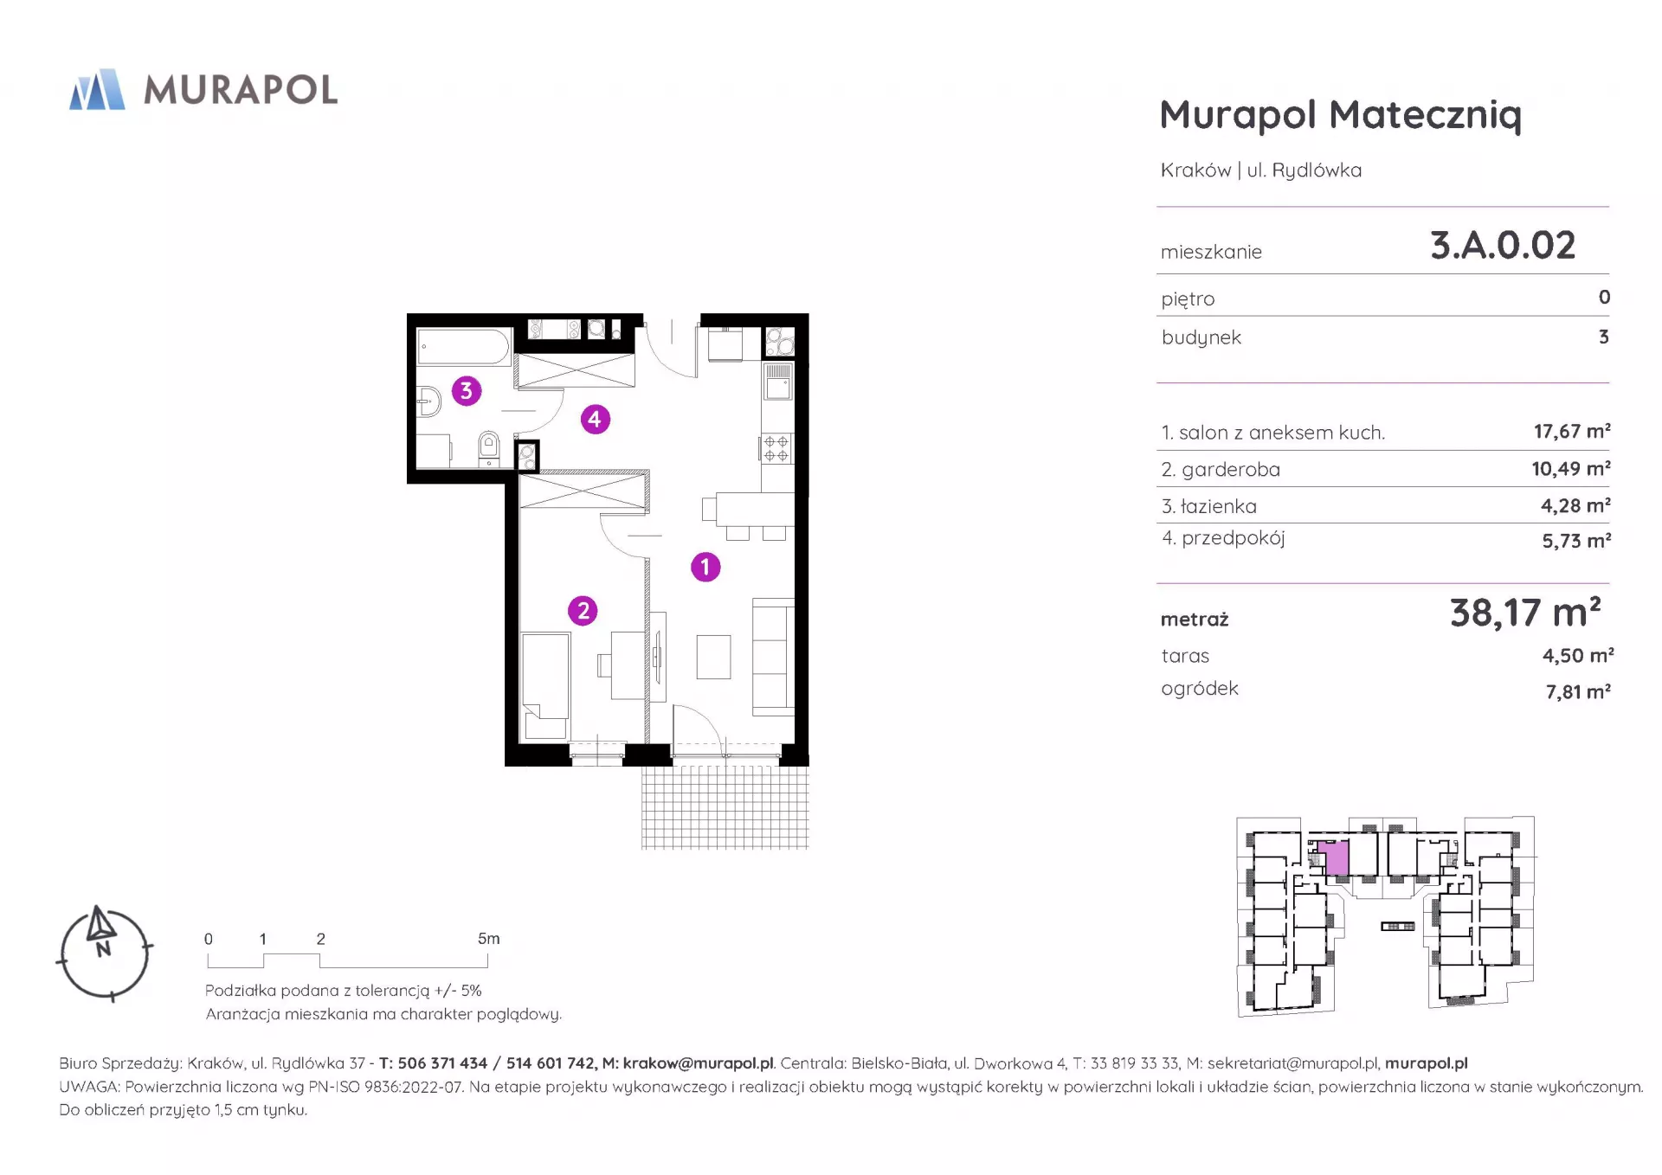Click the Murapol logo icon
point(97,89)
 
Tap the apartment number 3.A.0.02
point(1502,245)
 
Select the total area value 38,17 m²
point(1525,613)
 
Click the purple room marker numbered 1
point(705,567)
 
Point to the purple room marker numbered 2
point(583,611)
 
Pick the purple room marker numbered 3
point(467,390)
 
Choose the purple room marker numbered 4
point(595,420)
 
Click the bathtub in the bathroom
point(464,347)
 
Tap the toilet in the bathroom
point(489,447)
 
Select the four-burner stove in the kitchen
point(776,448)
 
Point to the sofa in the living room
point(773,657)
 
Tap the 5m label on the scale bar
point(488,938)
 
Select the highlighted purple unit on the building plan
point(1337,858)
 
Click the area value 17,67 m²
point(1572,431)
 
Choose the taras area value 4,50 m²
point(1577,655)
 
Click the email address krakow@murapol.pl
point(698,1063)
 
